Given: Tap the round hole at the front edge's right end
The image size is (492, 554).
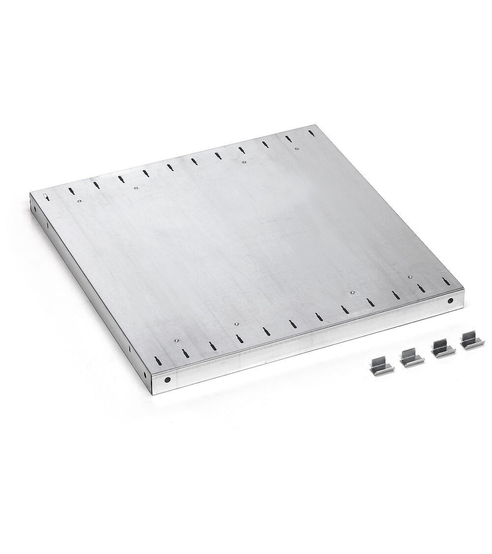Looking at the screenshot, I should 450,300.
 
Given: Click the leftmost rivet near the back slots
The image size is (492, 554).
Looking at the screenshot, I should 78,200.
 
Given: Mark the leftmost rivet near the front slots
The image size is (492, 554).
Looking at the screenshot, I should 174,340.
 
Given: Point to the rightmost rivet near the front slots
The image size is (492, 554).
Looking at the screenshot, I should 410,277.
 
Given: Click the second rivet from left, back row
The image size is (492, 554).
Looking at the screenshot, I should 136,187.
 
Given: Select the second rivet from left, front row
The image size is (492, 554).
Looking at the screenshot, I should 236,323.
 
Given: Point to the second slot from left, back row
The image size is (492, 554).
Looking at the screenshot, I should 70,191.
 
